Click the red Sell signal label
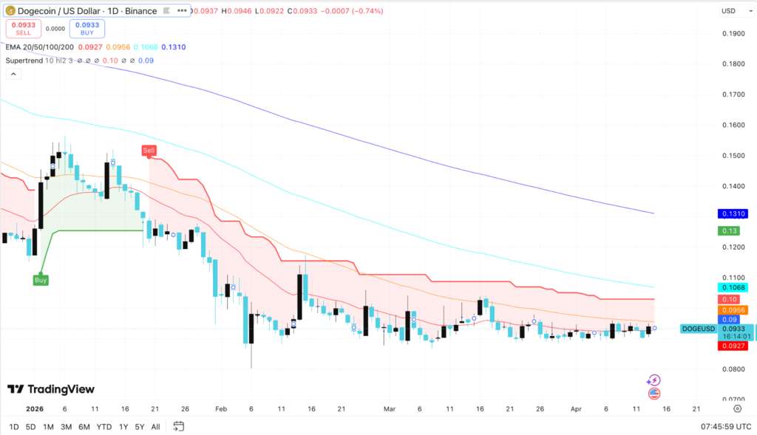pos(149,151)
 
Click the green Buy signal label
pos(41,280)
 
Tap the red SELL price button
pos(24,29)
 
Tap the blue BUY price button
pos(87,29)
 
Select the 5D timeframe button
pos(30,427)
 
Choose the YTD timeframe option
pos(104,427)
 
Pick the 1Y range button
pos(123,427)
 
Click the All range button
pos(155,427)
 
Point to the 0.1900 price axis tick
pos(733,34)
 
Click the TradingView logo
pos(51,389)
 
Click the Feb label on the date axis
pos(221,408)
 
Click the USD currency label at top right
pos(728,10)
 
